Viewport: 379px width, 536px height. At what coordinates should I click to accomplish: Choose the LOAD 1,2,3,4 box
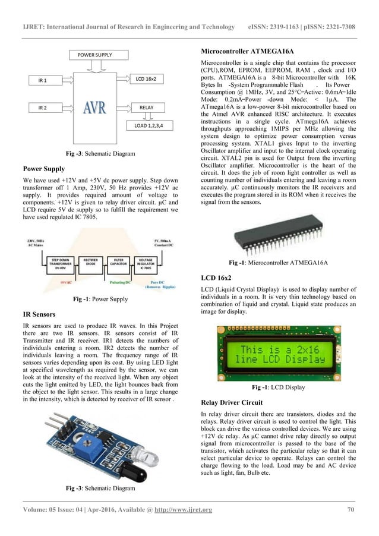[x=155, y=126]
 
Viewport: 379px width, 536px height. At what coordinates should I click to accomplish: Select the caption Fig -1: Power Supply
[x=100, y=299]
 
